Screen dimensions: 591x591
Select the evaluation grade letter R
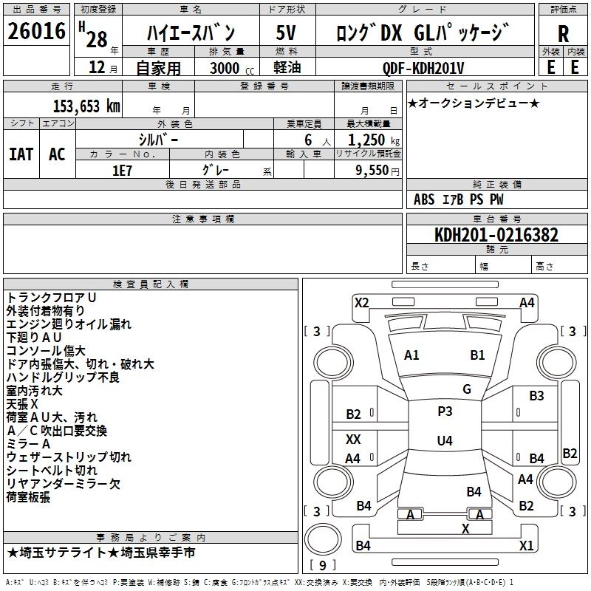563,34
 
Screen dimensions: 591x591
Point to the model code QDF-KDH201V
423,68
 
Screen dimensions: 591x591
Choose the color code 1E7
123,168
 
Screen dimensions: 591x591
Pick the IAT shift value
21,154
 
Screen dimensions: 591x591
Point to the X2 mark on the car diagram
361,302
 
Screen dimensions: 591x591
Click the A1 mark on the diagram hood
411,355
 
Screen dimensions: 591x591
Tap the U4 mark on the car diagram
444,441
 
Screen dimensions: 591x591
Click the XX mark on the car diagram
354,439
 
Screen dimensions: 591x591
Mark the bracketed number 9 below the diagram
321,565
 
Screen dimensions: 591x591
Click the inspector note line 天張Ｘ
23,403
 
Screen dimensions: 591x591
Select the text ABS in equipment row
424,199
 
